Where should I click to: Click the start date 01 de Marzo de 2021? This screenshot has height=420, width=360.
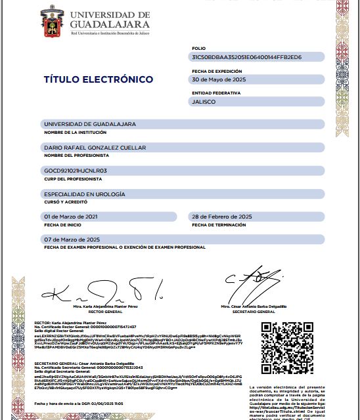70,217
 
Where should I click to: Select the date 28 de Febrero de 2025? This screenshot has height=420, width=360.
221,217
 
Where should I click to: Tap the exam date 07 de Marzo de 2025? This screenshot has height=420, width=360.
71,240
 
